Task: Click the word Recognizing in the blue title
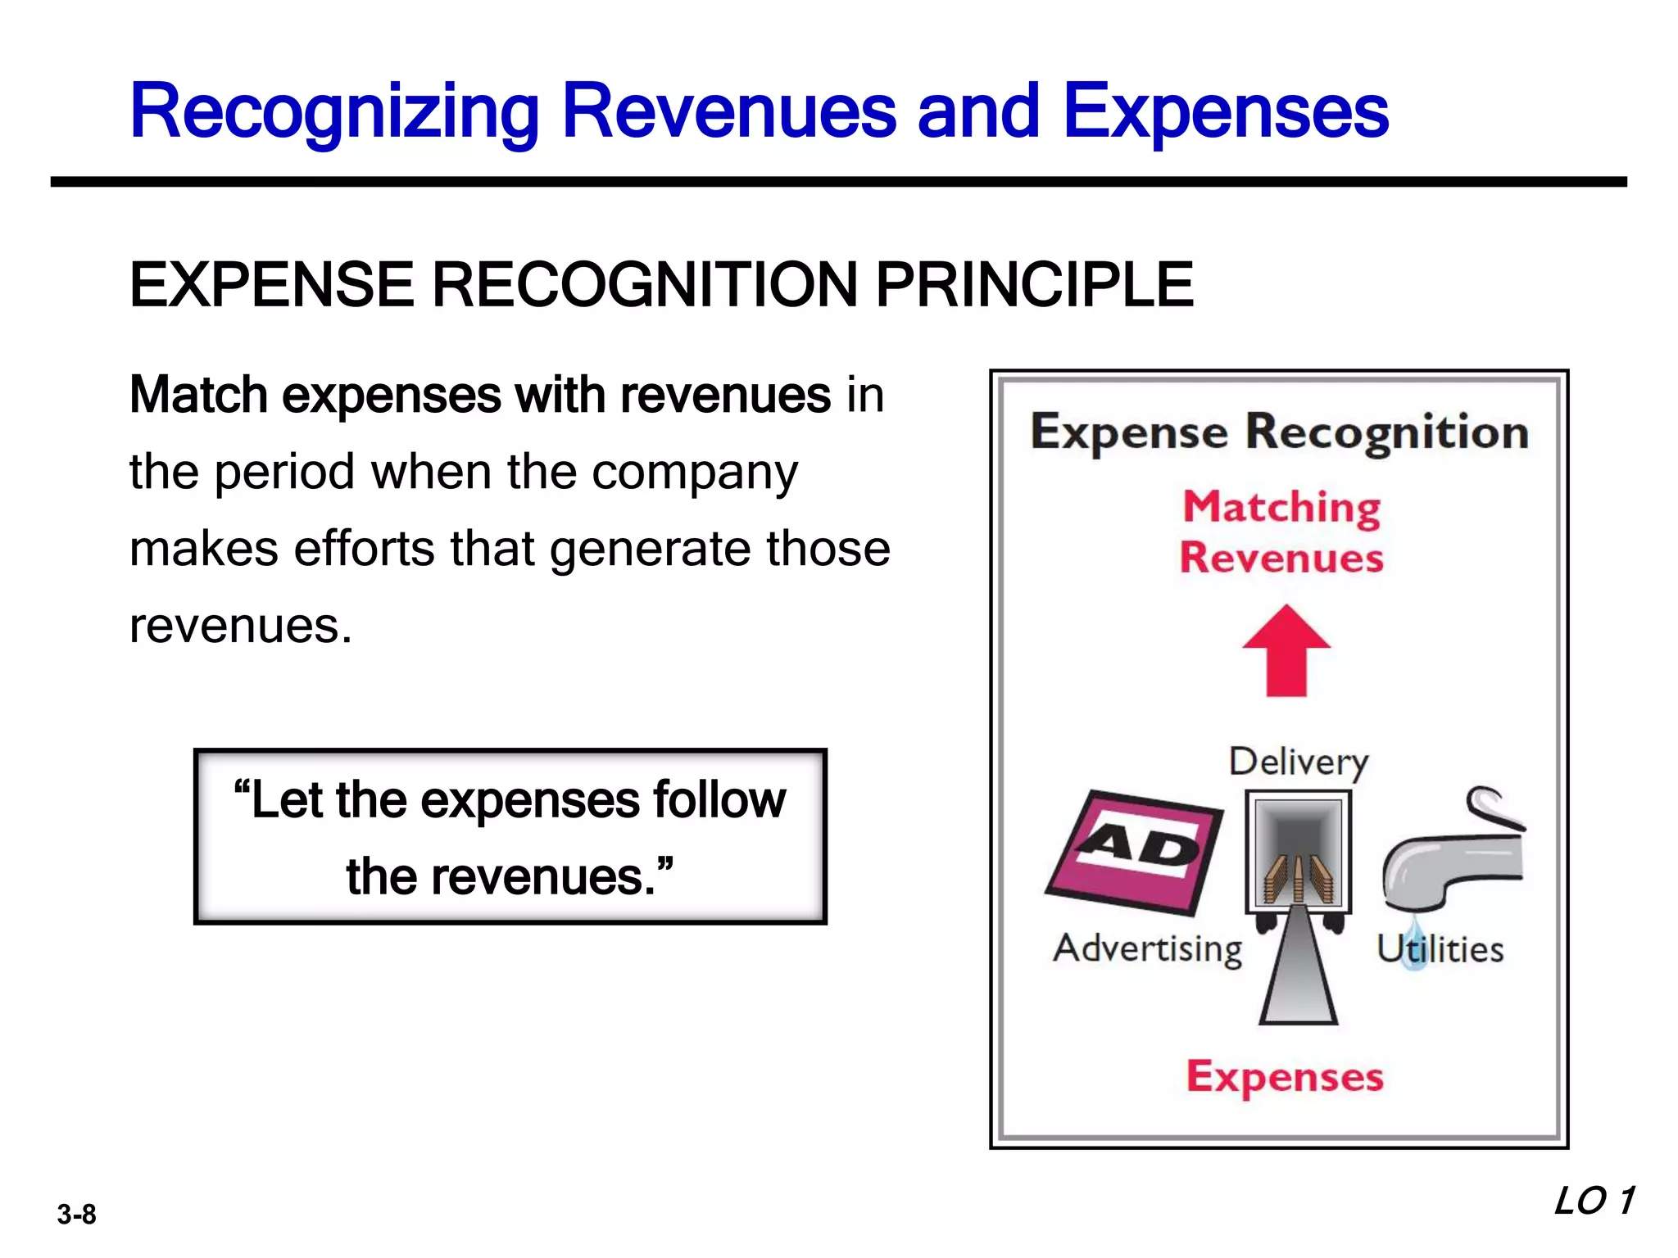pos(334,113)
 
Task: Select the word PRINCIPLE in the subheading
pos(1034,285)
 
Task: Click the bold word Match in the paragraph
pos(199,395)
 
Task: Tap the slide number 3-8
pos(76,1214)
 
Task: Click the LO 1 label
pos(1594,1201)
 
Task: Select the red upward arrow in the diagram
pos(1286,651)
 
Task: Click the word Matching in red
pos(1282,507)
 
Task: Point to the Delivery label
pos(1299,762)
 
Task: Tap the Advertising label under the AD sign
pos(1147,949)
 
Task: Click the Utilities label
pos(1440,949)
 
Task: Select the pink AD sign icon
pos(1135,852)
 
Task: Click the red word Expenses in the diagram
pos(1285,1077)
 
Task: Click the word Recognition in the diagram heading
pos(1387,432)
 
